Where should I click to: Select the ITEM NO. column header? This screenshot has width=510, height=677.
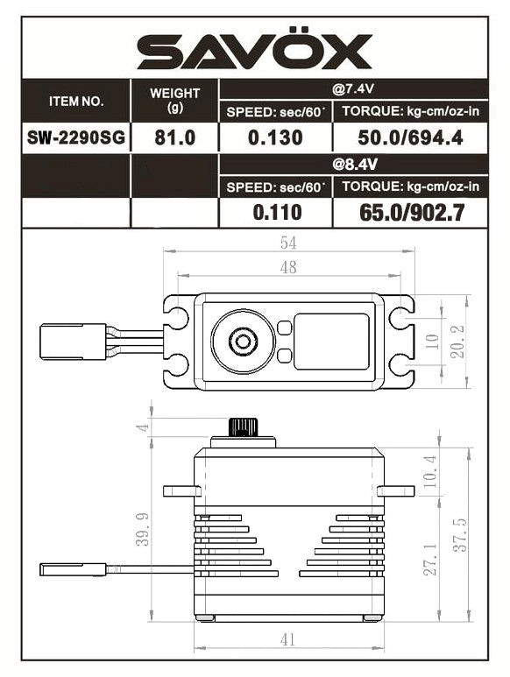pyautogui.click(x=75, y=101)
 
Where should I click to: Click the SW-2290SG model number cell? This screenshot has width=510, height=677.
pyautogui.click(x=75, y=138)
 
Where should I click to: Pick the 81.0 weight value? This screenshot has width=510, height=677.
pyautogui.click(x=174, y=138)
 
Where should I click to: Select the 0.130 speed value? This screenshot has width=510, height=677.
pyautogui.click(x=276, y=138)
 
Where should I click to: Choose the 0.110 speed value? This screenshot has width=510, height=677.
pyautogui.click(x=276, y=212)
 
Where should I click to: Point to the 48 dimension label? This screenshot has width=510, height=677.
pyautogui.click(x=287, y=268)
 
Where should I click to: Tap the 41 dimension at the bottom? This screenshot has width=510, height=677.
pyautogui.click(x=287, y=640)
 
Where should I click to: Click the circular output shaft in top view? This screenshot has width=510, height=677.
pyautogui.click(x=242, y=342)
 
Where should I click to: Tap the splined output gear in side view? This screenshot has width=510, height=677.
pyautogui.click(x=242, y=427)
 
